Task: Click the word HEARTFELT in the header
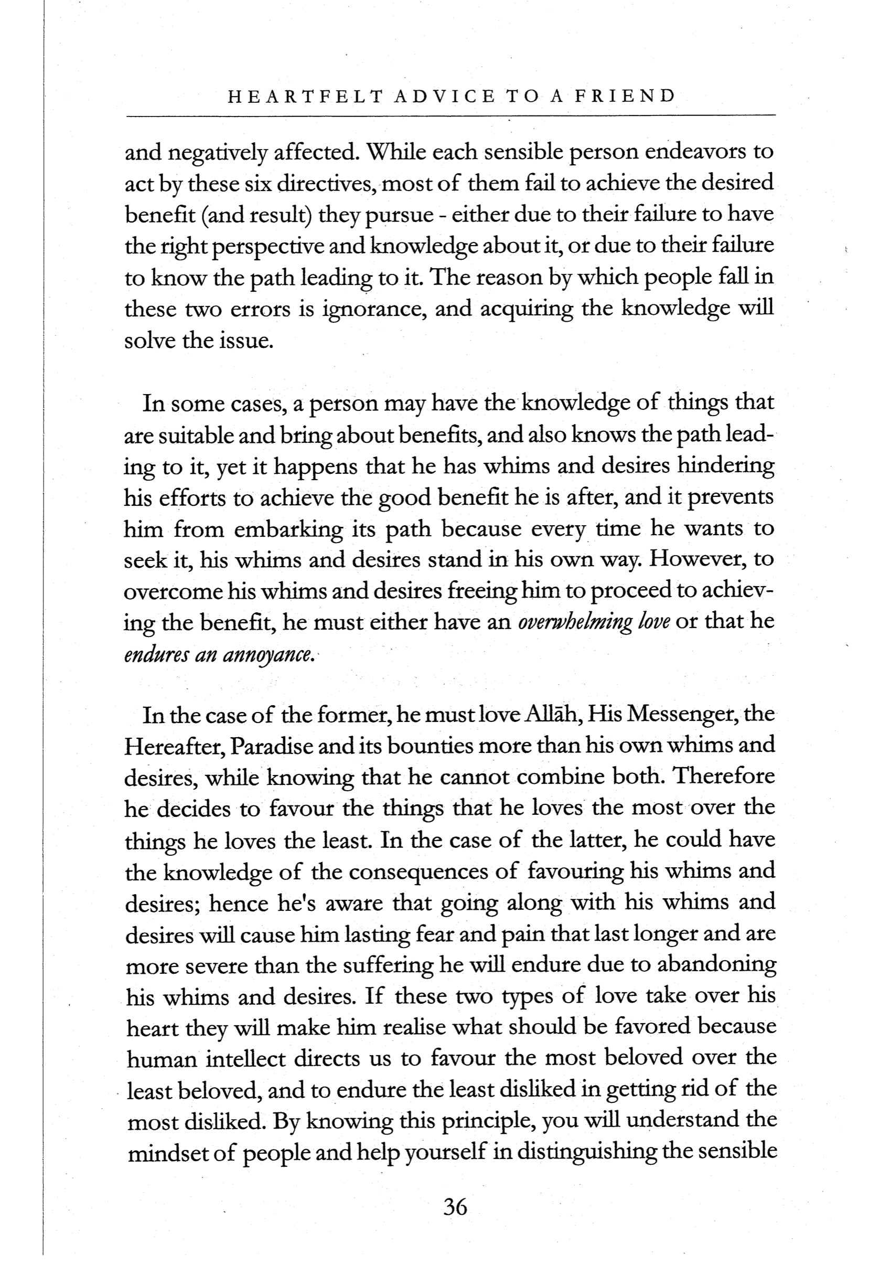click(305, 97)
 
